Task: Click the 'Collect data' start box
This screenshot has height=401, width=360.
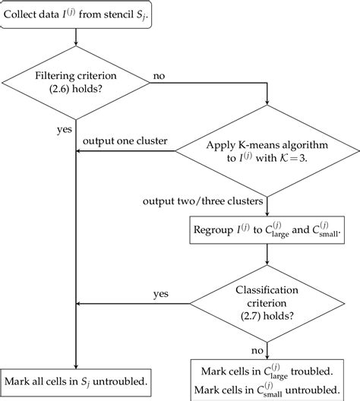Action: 81,16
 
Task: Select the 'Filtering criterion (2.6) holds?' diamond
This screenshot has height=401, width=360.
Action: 80,83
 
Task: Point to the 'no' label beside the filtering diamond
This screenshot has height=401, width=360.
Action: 159,76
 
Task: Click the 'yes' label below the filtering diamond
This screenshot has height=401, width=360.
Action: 65,128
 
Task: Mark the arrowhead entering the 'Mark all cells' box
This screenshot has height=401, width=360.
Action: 80,365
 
